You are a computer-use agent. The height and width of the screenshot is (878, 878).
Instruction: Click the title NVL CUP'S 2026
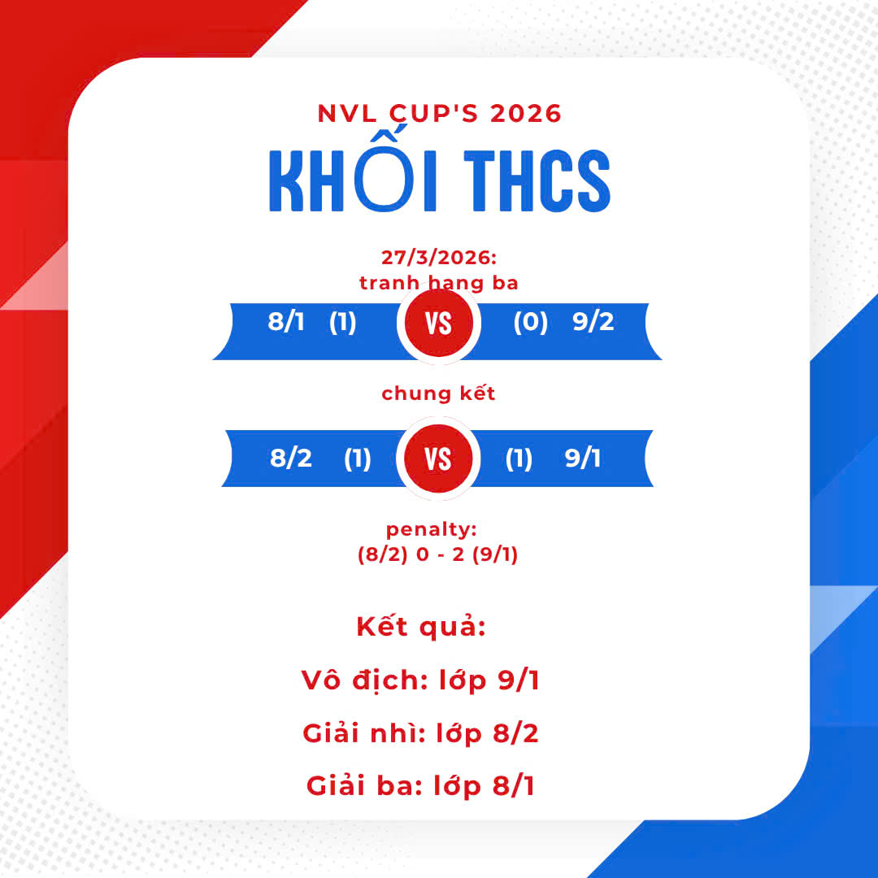439,113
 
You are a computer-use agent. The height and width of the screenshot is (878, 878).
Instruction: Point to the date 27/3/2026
439,258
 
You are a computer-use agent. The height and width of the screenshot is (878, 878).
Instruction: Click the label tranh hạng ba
439,282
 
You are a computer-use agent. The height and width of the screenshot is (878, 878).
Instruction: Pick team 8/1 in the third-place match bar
286,322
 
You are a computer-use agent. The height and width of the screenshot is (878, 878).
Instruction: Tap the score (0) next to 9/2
530,323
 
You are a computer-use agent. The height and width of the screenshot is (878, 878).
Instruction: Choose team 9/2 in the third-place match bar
593,322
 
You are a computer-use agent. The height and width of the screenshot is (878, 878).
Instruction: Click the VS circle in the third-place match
439,324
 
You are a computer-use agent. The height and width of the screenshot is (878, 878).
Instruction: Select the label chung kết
439,394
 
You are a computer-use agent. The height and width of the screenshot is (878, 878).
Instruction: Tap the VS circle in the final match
439,460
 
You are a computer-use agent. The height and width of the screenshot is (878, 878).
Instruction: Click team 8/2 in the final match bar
291,459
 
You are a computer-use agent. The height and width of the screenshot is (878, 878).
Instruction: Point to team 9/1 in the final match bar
583,459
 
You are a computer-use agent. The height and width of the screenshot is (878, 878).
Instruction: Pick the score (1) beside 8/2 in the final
357,459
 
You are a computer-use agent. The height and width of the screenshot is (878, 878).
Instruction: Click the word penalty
431,530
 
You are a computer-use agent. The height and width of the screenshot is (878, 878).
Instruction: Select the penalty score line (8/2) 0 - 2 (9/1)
438,555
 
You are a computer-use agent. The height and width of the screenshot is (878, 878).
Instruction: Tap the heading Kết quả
421,628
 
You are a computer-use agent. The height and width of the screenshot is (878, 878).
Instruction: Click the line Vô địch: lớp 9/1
420,680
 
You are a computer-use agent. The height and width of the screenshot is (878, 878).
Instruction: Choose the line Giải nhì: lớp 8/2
421,734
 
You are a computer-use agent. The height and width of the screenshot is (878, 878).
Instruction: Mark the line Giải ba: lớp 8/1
421,786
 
